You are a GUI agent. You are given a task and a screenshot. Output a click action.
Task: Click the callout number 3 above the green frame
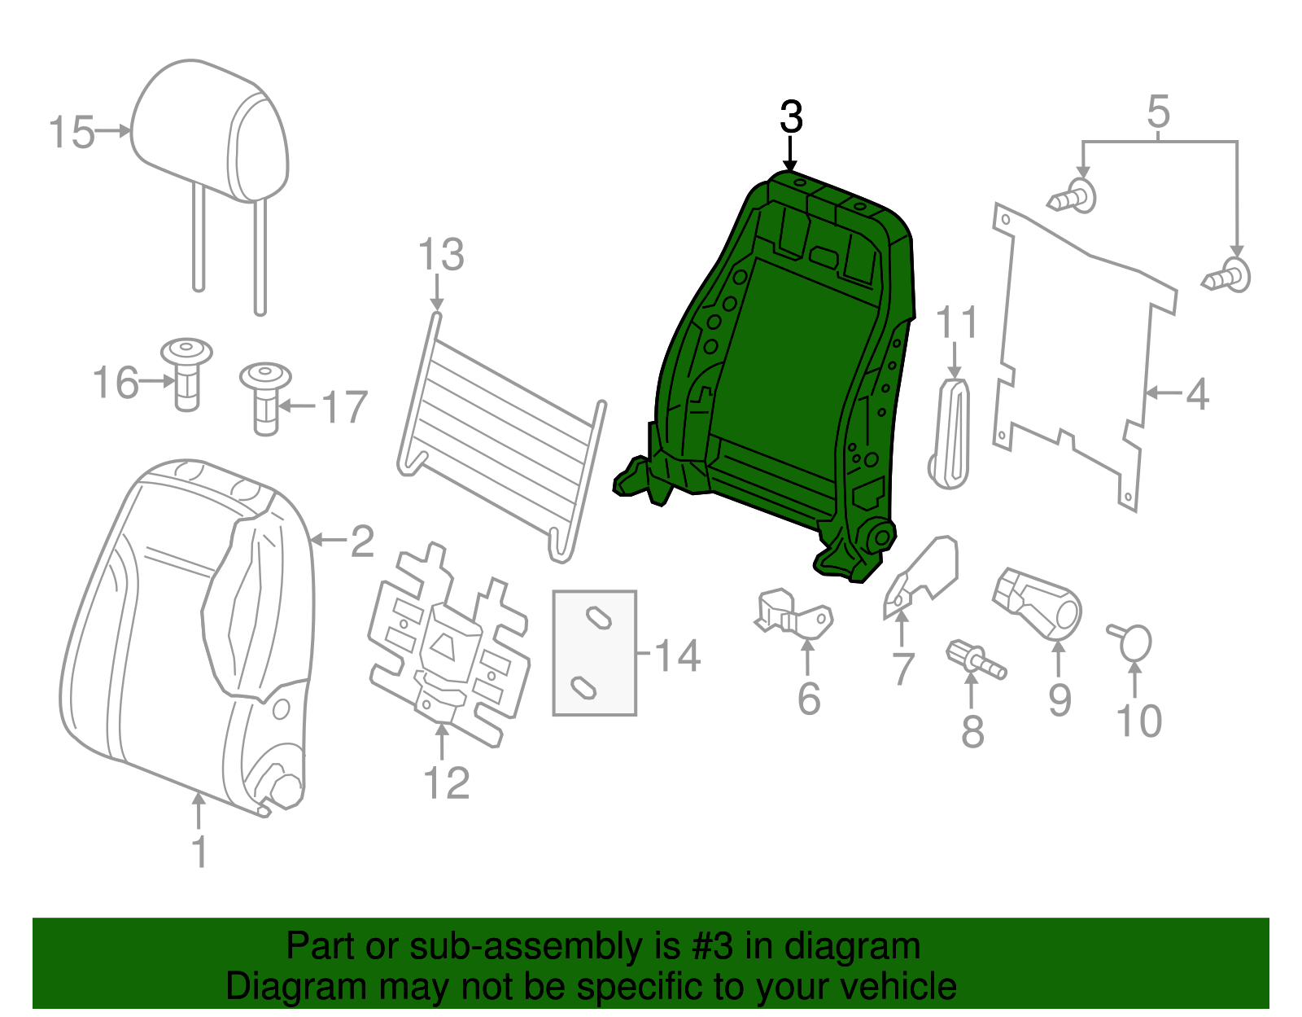(x=791, y=118)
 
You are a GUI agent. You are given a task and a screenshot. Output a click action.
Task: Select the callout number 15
(x=72, y=133)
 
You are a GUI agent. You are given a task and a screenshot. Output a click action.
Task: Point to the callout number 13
(x=441, y=255)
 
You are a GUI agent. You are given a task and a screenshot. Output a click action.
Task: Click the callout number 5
(x=1158, y=112)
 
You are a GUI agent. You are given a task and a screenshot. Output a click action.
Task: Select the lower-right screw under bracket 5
(x=1229, y=277)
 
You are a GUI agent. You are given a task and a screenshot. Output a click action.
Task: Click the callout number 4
(x=1197, y=395)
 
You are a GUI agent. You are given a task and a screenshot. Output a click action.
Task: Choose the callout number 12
(x=446, y=783)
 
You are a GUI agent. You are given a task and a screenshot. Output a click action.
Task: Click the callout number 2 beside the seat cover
(x=362, y=541)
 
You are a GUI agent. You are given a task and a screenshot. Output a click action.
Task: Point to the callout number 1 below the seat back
(x=199, y=852)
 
